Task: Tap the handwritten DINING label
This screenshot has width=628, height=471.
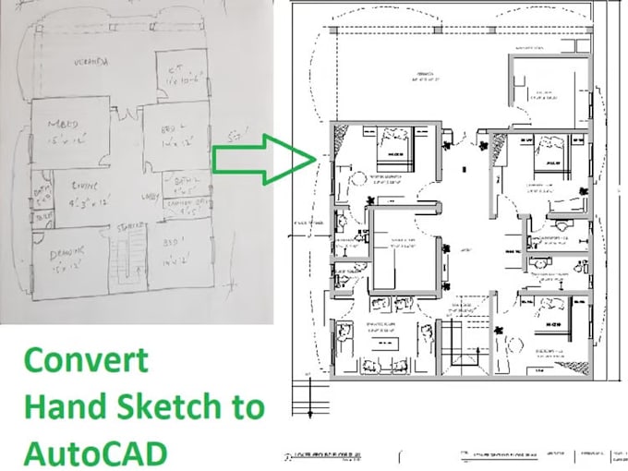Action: [x=87, y=185]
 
